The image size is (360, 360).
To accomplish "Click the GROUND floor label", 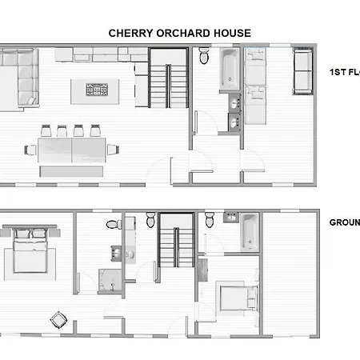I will point(343,224).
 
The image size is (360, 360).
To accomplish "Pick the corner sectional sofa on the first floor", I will point(19,77).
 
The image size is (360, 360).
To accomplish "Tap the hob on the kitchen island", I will point(98,89).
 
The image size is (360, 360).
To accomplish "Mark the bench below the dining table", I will point(71,170).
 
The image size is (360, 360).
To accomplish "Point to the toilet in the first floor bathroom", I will point(204,56).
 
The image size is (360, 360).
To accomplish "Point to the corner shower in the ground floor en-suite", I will point(106,281).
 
